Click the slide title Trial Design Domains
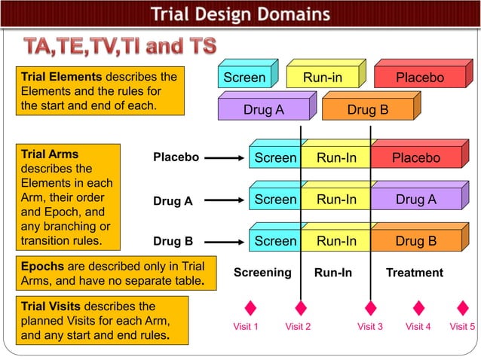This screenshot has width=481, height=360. point(240,14)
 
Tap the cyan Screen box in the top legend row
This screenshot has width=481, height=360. point(244,78)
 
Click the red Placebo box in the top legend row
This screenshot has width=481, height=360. point(420,78)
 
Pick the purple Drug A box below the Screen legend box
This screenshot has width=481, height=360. point(263,110)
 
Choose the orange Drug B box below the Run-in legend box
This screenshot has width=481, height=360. point(367,110)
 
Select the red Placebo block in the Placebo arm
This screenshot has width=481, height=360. point(415,158)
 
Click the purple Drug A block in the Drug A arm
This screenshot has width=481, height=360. point(415,200)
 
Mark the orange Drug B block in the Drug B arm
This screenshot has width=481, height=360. point(415,241)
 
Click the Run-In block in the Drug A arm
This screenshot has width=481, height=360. point(336,200)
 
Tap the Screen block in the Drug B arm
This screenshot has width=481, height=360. point(275,241)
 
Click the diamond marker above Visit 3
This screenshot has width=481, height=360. point(370,308)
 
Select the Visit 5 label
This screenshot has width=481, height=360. point(462,327)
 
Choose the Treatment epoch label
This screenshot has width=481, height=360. point(415,273)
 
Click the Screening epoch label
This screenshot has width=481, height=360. point(262,272)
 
